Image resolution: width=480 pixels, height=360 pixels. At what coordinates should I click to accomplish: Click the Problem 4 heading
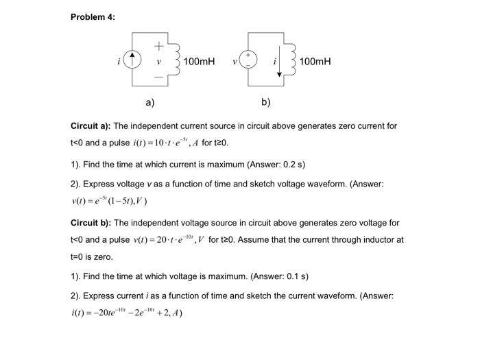pyautogui.click(x=93, y=17)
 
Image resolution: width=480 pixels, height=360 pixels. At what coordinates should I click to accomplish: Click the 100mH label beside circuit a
pyautogui.click(x=199, y=62)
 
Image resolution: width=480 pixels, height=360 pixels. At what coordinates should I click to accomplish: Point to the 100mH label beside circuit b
pyautogui.click(x=315, y=62)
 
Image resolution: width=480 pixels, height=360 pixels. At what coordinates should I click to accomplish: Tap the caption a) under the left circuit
pyautogui.click(x=150, y=102)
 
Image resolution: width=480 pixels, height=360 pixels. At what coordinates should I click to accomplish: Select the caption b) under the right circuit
pyautogui.click(x=266, y=102)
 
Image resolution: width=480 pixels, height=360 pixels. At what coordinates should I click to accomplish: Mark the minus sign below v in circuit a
pyautogui.click(x=158, y=76)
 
